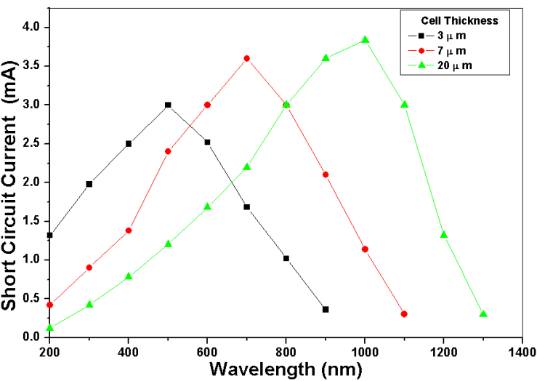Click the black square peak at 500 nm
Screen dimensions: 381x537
(x=168, y=105)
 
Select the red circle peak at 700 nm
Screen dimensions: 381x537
(x=246, y=58)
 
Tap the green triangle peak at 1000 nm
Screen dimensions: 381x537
(x=365, y=40)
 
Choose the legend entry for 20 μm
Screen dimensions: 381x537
(x=446, y=65)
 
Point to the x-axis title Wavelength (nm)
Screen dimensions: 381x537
(x=286, y=369)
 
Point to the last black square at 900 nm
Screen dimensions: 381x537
(x=326, y=310)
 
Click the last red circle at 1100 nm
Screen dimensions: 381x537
(x=404, y=314)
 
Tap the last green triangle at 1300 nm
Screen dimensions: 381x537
(x=483, y=314)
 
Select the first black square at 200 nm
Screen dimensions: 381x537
(x=49, y=235)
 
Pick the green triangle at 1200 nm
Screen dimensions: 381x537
(x=443, y=235)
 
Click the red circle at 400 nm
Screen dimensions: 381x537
(x=129, y=230)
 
